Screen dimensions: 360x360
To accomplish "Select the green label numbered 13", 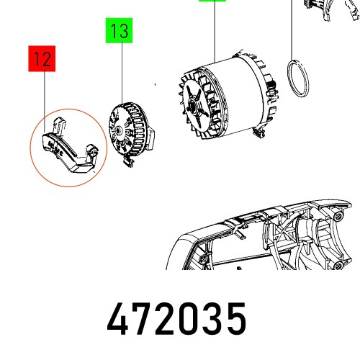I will pos(120,32).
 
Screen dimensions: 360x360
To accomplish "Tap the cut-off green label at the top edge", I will pos(211,2).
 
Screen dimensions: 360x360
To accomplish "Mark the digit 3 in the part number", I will pos(212,318).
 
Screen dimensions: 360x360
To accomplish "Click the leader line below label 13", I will pos(121,72).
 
